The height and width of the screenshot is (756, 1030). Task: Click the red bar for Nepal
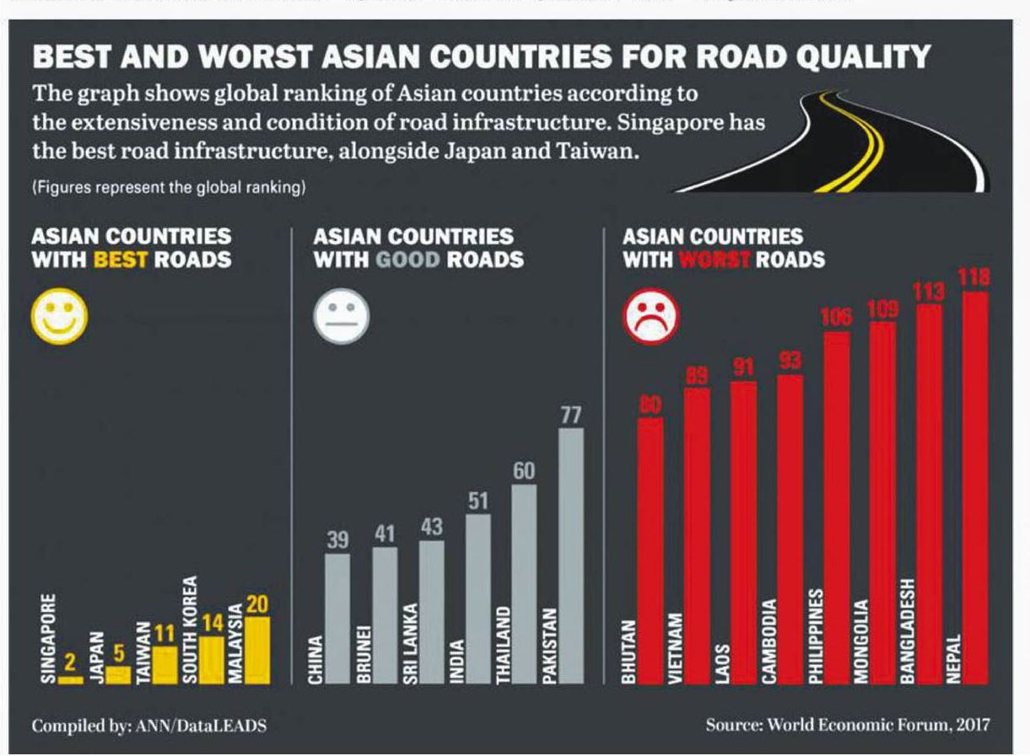975,489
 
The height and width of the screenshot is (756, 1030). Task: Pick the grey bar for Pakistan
571,556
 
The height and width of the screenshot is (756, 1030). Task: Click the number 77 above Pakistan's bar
571,416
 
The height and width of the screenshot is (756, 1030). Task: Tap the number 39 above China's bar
337,539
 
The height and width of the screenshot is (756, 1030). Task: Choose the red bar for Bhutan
650,548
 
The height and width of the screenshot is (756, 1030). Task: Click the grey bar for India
477,598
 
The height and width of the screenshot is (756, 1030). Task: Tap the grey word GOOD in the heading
407,259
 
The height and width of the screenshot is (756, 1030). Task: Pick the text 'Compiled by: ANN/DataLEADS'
149,726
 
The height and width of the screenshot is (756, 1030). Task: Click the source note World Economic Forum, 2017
847,725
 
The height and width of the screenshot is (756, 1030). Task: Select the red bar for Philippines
837,506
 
